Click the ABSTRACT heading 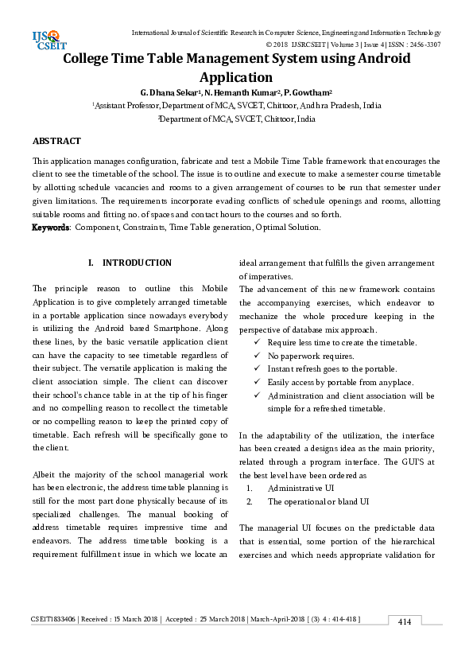coord(56,141)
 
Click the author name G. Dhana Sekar coord(166,92)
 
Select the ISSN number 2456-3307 coord(423,45)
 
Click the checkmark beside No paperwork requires coord(257,356)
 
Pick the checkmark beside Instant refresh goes coord(257,369)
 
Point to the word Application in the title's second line coord(236,77)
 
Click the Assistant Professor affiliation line coord(236,105)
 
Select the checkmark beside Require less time coord(257,342)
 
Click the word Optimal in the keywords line coord(271,228)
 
